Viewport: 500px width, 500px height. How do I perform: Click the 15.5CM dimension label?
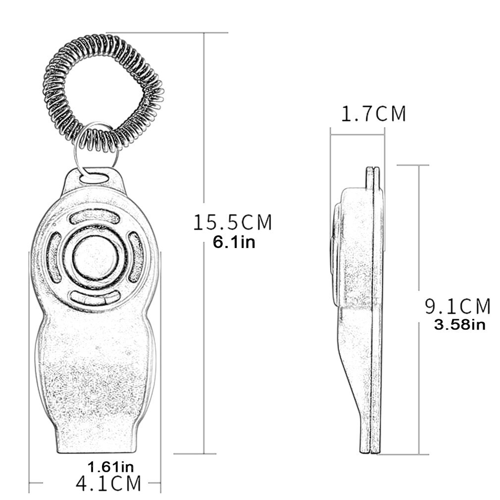233,222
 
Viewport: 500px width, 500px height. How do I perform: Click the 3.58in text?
459,325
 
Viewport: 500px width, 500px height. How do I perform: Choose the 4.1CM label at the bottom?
108,483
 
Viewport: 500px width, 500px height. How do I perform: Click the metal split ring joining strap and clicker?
94,149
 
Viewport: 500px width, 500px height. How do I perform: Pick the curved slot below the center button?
95,297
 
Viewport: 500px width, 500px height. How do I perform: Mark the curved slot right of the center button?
136,257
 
